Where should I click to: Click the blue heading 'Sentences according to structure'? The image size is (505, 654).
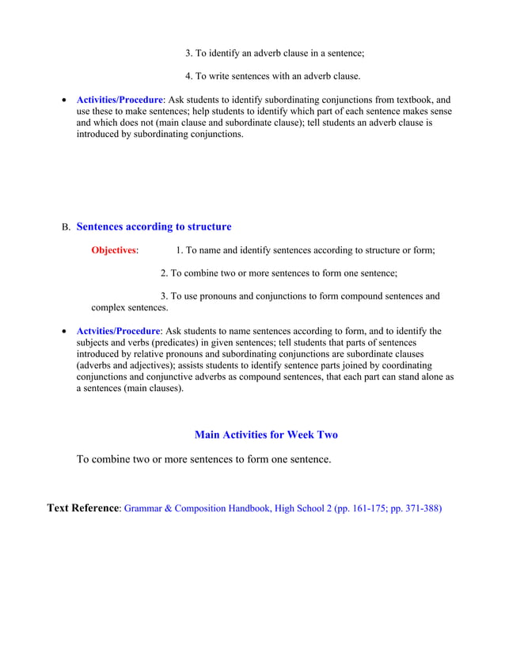pos(154,227)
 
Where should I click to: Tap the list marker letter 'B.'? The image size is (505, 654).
pos(66,228)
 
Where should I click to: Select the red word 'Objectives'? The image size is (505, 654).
pos(113,251)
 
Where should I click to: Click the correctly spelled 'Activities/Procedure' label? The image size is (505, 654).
pos(120,101)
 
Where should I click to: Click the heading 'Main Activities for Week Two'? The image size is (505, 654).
pos(266,435)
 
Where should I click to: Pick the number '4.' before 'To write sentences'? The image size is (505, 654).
pos(189,77)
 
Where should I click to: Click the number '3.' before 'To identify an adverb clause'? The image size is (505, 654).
pos(189,54)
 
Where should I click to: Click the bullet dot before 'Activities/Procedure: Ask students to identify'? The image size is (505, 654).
pos(64,101)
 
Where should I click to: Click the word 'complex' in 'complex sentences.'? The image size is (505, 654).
pos(107,307)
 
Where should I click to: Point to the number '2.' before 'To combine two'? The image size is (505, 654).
pos(165,273)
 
